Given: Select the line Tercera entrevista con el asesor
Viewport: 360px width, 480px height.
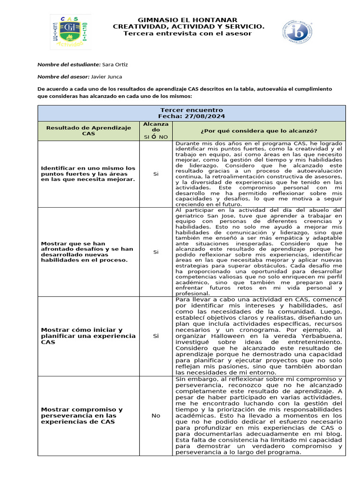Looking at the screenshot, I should coord(187,33).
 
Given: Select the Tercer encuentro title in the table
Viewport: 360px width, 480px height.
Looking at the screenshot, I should coord(191,110).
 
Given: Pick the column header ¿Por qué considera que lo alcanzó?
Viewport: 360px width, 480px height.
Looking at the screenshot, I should coord(258,130).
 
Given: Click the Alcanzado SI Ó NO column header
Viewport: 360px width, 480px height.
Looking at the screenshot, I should coord(156,130).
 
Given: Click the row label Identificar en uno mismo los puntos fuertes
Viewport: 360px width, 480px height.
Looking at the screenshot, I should coord(88,173).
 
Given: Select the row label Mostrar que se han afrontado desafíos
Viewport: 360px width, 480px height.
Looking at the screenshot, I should coord(87,252).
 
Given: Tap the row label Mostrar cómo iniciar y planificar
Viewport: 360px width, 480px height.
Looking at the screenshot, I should coord(88,336).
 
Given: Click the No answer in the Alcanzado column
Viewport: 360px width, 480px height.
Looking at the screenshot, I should coord(156,415).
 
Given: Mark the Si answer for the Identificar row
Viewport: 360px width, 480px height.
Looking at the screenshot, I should coord(156,173).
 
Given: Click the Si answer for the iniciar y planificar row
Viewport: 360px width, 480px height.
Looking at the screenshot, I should coord(156,336).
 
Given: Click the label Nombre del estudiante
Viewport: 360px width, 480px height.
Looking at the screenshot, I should coord(69,64).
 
